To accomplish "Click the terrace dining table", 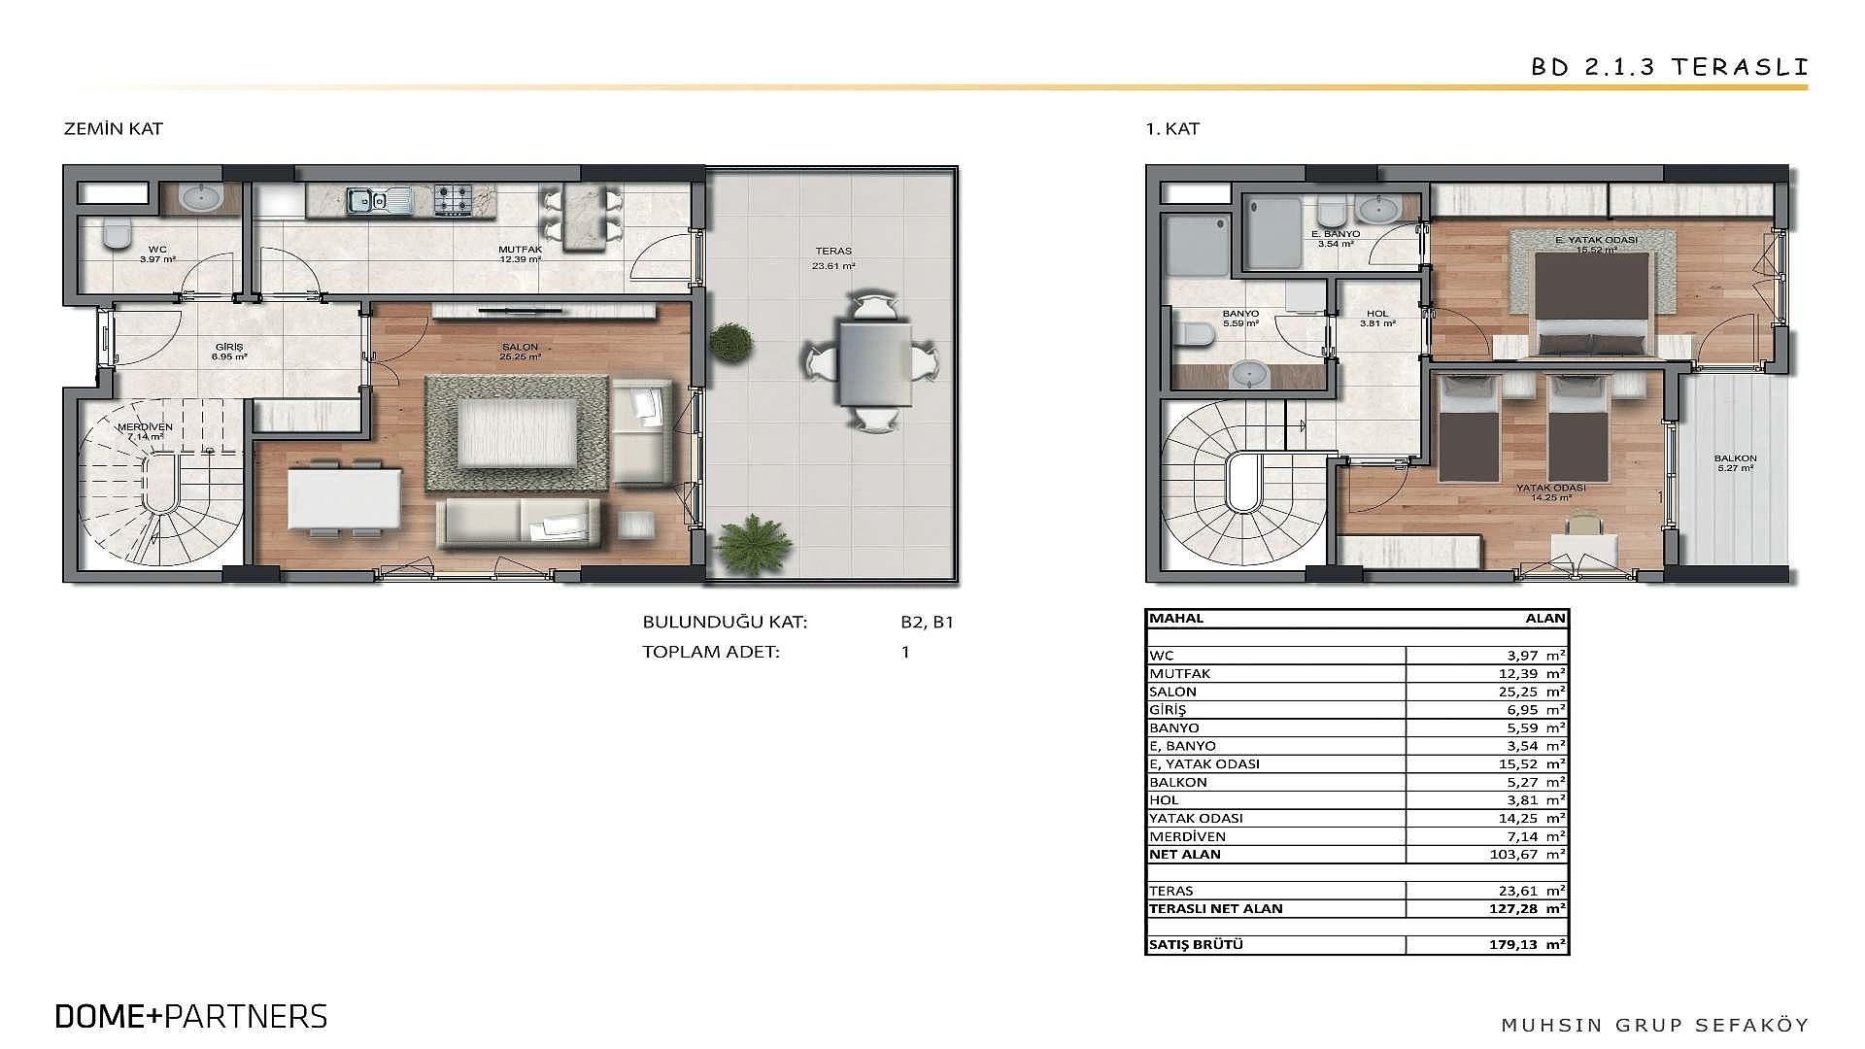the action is [875, 364].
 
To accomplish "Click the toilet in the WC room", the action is [117, 233].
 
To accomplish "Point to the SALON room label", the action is [520, 347].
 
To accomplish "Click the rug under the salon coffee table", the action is [517, 433].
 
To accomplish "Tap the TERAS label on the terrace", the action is [833, 251].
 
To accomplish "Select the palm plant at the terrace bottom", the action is [750, 547].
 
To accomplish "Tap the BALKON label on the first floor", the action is [1735, 458].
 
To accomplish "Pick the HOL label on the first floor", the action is [1376, 314].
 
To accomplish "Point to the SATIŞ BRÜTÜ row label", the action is [1197, 944].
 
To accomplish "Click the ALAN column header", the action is [1545, 618].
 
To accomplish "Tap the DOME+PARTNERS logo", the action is [191, 1016].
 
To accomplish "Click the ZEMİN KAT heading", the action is [113, 128].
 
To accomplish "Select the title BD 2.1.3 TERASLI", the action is [1670, 67].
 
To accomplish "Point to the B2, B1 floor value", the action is [927, 623].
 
